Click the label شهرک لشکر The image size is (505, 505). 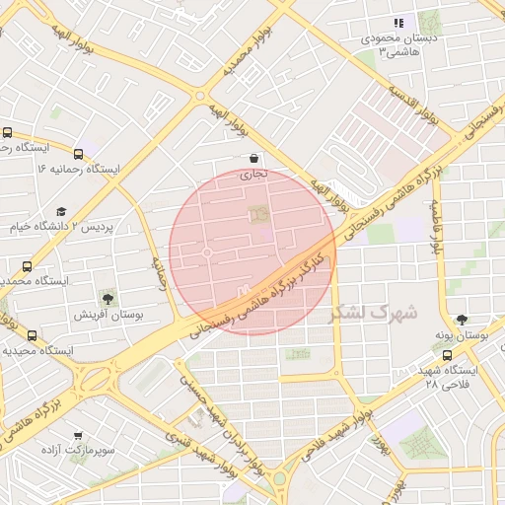(374, 312)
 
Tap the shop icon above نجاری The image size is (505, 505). (254, 158)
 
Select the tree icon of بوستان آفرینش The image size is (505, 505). (107, 298)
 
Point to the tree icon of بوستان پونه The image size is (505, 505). (462, 319)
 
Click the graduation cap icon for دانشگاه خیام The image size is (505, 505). (62, 211)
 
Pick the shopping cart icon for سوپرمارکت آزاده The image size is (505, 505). (78, 435)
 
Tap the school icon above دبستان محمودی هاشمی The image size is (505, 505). (397, 23)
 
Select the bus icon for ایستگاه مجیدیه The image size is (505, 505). (33, 335)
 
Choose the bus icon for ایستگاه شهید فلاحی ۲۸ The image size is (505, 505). (448, 355)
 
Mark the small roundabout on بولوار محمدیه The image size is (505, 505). (200, 97)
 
